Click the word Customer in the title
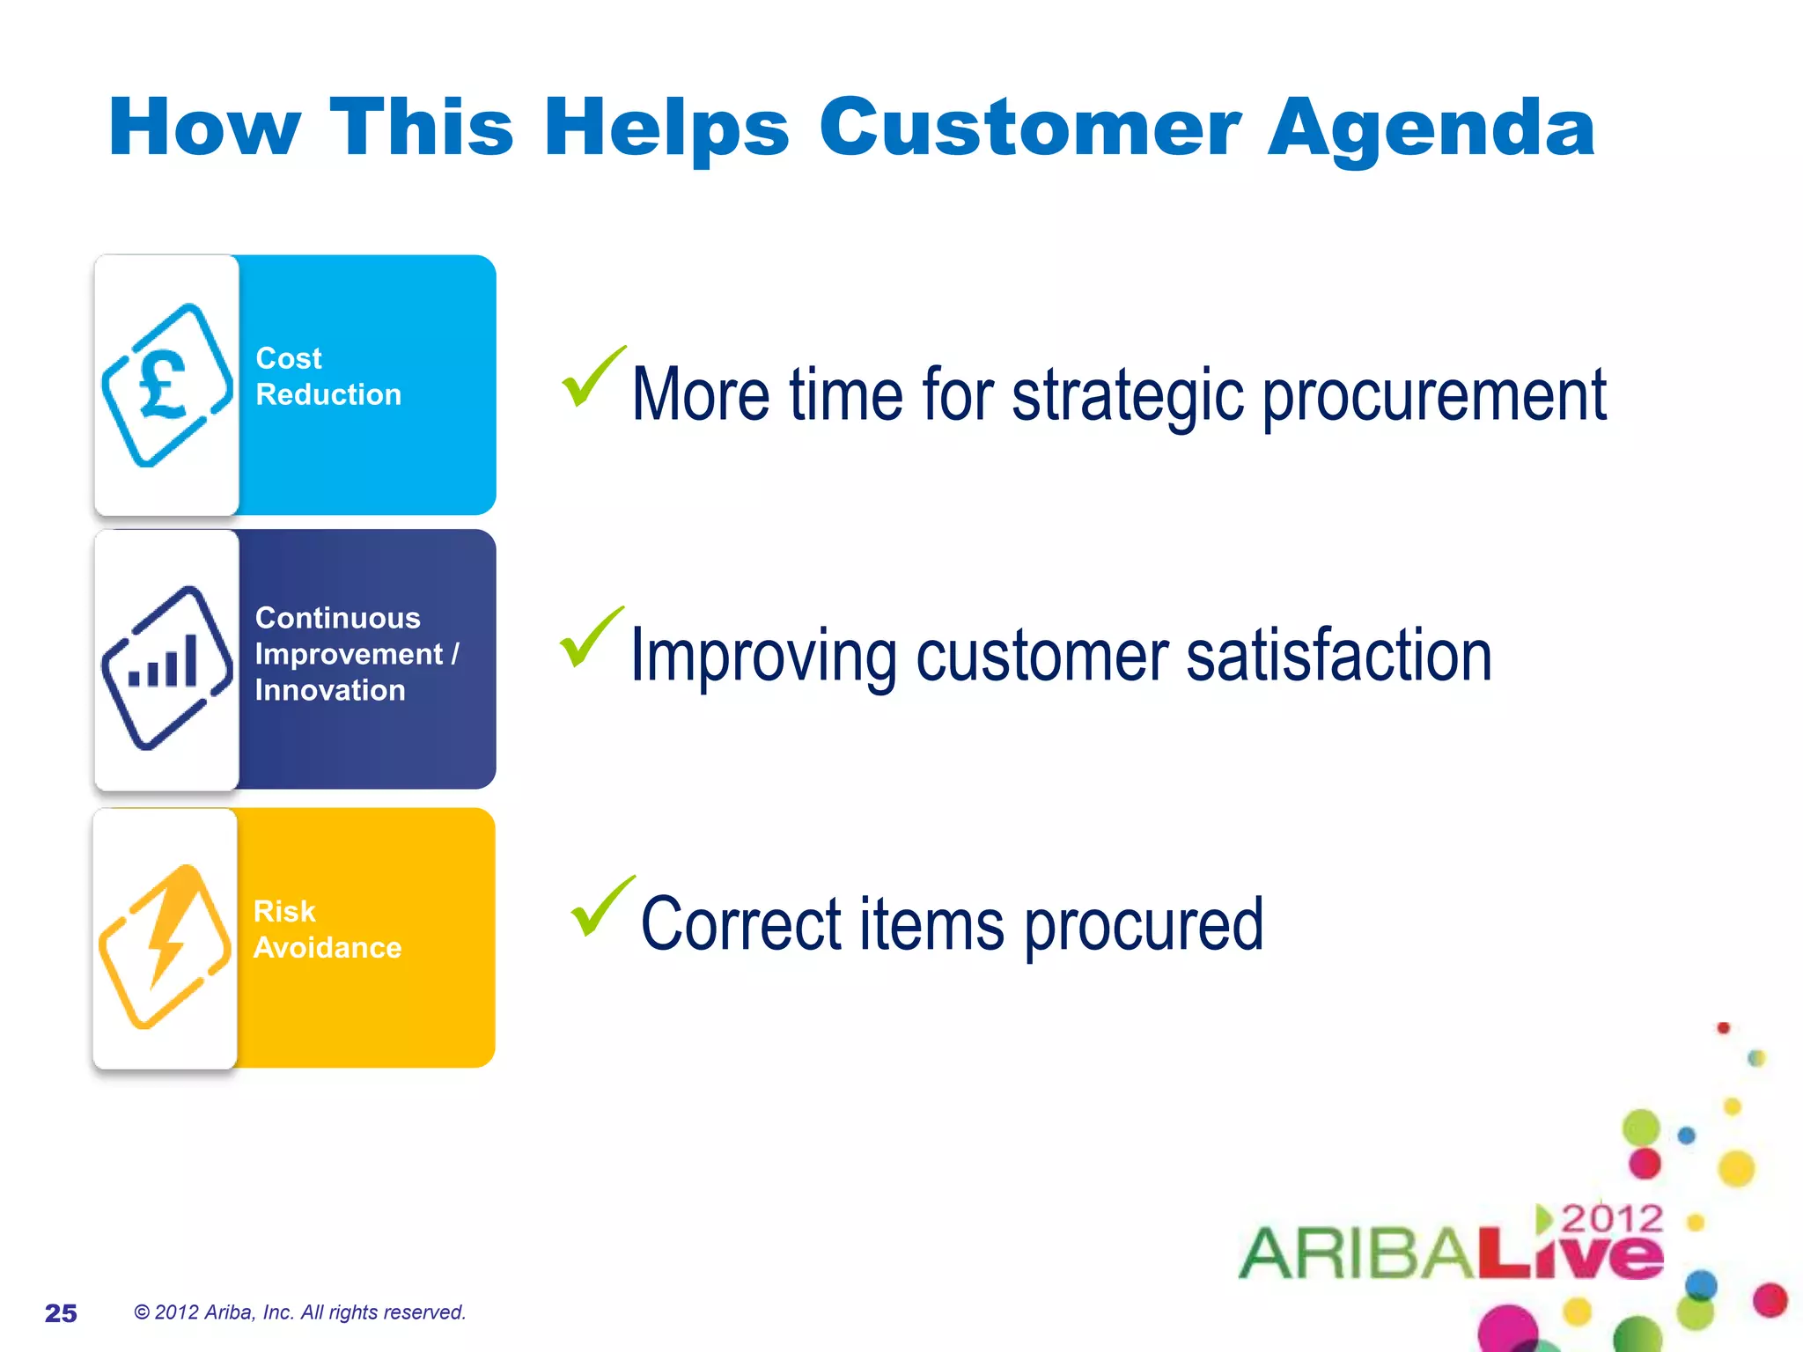tap(1029, 129)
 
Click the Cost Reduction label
tap(327, 377)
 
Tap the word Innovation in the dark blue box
tap(330, 691)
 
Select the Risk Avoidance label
tap(327, 929)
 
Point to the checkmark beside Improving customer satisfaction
tap(590, 637)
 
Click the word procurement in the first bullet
tap(1434, 396)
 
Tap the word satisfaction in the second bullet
tap(1339, 657)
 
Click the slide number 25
tap(61, 1313)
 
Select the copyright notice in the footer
tap(299, 1312)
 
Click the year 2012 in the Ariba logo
tap(1612, 1219)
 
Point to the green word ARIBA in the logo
tap(1356, 1253)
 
